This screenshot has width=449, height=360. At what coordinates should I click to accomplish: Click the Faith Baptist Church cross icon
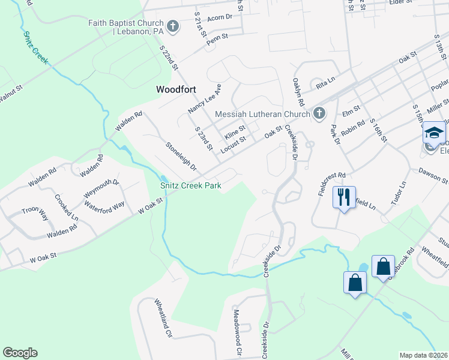(x=173, y=26)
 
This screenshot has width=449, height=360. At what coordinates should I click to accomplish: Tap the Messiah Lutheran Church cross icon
(x=319, y=113)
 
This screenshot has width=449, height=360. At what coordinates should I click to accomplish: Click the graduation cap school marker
(x=434, y=133)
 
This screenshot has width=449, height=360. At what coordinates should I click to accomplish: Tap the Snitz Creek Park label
(x=190, y=185)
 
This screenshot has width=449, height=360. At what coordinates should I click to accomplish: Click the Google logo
(x=20, y=353)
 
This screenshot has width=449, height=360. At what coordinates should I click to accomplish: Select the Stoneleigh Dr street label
(x=181, y=155)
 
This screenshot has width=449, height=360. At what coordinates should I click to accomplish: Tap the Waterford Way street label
(x=104, y=204)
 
